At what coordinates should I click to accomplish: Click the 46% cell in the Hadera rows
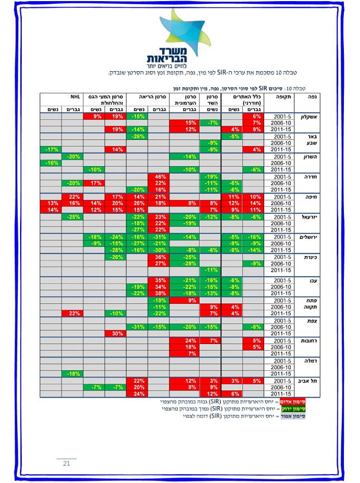point(158,176)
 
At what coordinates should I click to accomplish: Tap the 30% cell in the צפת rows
point(115,334)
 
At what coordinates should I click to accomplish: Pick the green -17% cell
point(50,149)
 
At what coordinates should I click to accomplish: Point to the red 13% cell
point(50,203)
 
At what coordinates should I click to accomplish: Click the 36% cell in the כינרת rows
point(158,257)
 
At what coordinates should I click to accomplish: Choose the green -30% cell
point(158,250)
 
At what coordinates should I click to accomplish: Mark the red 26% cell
point(137,203)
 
